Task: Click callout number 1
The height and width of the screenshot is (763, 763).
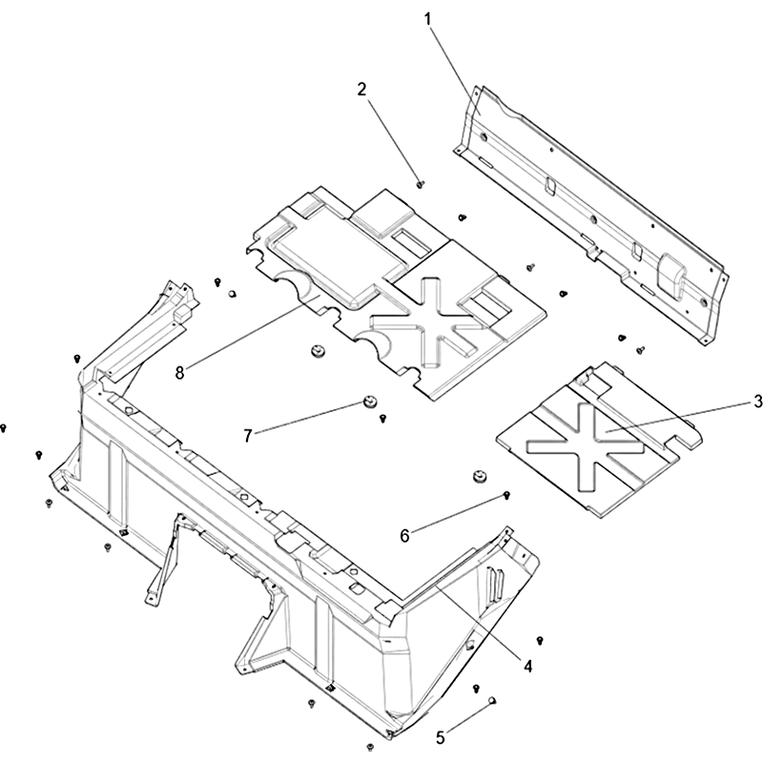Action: click(x=427, y=20)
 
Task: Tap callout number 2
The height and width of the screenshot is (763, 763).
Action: click(x=361, y=90)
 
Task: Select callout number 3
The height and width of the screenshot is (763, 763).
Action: click(x=757, y=402)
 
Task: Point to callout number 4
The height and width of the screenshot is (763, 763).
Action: click(x=528, y=666)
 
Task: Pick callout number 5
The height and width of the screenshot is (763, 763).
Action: click(x=441, y=737)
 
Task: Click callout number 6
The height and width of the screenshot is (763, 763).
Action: click(x=404, y=536)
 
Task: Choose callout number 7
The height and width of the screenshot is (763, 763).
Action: click(x=248, y=436)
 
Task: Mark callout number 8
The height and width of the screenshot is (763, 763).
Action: click(x=180, y=373)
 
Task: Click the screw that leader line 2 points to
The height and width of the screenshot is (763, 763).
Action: click(x=421, y=184)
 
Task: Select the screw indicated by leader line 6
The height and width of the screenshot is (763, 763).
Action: click(x=506, y=495)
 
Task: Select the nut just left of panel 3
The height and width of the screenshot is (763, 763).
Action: click(x=481, y=476)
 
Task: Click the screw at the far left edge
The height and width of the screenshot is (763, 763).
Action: click(x=4, y=427)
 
